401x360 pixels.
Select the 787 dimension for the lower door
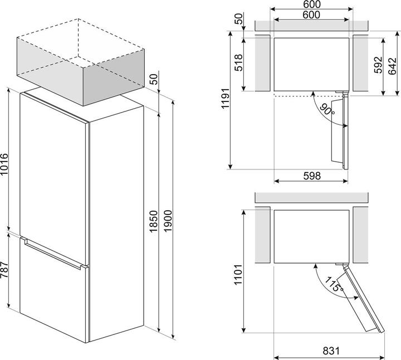[x=5, y=271]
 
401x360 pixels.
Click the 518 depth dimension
[x=238, y=63]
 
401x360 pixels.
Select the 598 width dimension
[x=311, y=176]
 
